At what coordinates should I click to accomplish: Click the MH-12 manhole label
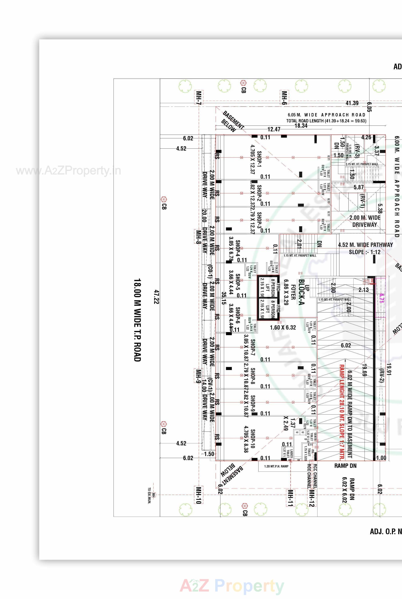pos(312,498)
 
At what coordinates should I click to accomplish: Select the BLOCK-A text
pos(301,292)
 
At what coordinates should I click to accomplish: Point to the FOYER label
pos(293,292)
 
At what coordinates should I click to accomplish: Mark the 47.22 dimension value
pos(157,297)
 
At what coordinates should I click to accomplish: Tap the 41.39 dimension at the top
pos(352,103)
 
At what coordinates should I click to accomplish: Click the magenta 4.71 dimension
pos(381,298)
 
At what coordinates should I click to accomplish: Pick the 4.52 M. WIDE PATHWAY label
pos(365,245)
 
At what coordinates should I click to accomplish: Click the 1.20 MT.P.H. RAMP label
pos(276,466)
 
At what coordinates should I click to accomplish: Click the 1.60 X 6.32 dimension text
pos(283,328)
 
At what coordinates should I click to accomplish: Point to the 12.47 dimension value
pos(274,129)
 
